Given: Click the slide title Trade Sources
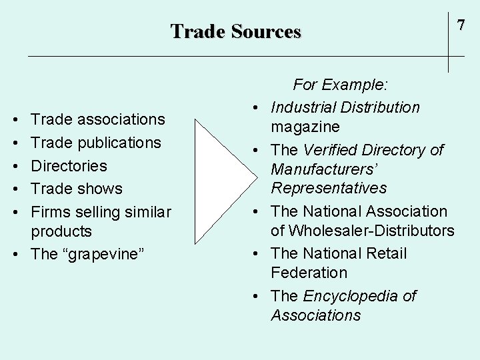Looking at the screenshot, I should [236, 31].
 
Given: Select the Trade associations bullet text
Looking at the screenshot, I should [98, 119].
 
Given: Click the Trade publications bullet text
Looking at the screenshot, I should [96, 143].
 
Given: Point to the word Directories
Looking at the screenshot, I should [69, 165].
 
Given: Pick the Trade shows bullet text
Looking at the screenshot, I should [77, 189].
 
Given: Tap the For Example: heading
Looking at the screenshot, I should [341, 85].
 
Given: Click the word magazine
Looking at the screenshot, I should [305, 127].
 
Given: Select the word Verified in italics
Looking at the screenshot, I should [333, 150].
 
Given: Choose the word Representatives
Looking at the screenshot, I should [328, 188].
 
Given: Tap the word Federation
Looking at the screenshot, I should [309, 273].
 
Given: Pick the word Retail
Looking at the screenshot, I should [383, 253].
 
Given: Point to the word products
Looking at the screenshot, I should [61, 231].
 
